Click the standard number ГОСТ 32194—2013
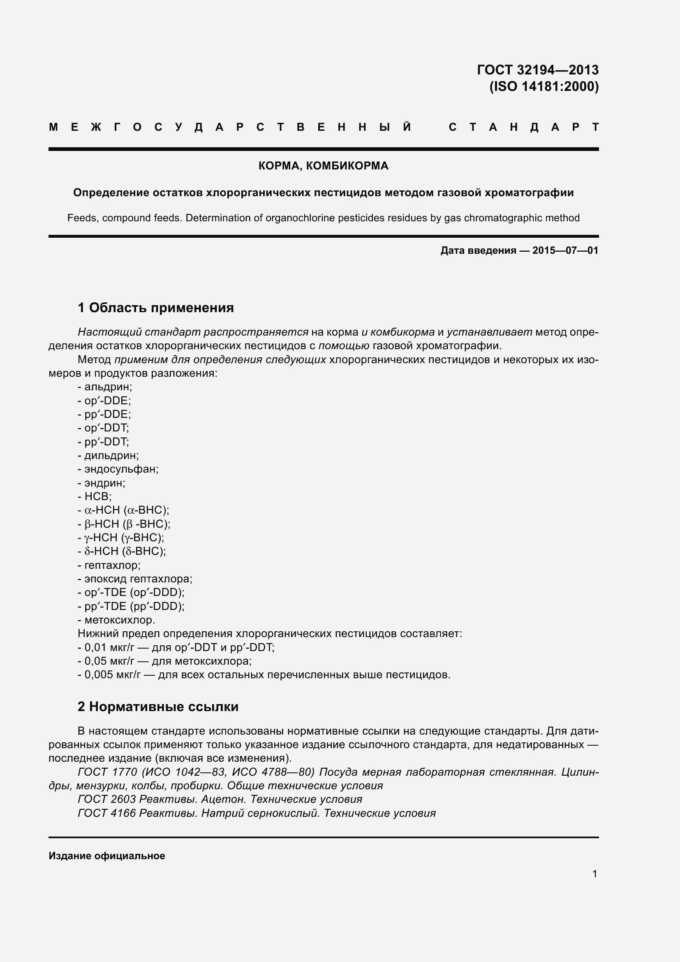[x=538, y=70]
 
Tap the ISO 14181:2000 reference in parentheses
[x=544, y=87]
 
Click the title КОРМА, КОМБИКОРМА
[x=323, y=166]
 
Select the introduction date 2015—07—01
[x=565, y=250]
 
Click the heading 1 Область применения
[x=156, y=308]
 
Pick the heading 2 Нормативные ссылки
[x=158, y=707]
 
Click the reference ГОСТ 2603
[x=106, y=800]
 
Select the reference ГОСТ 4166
[x=106, y=813]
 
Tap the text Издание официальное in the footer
[x=107, y=856]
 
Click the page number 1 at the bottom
[x=594, y=874]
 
